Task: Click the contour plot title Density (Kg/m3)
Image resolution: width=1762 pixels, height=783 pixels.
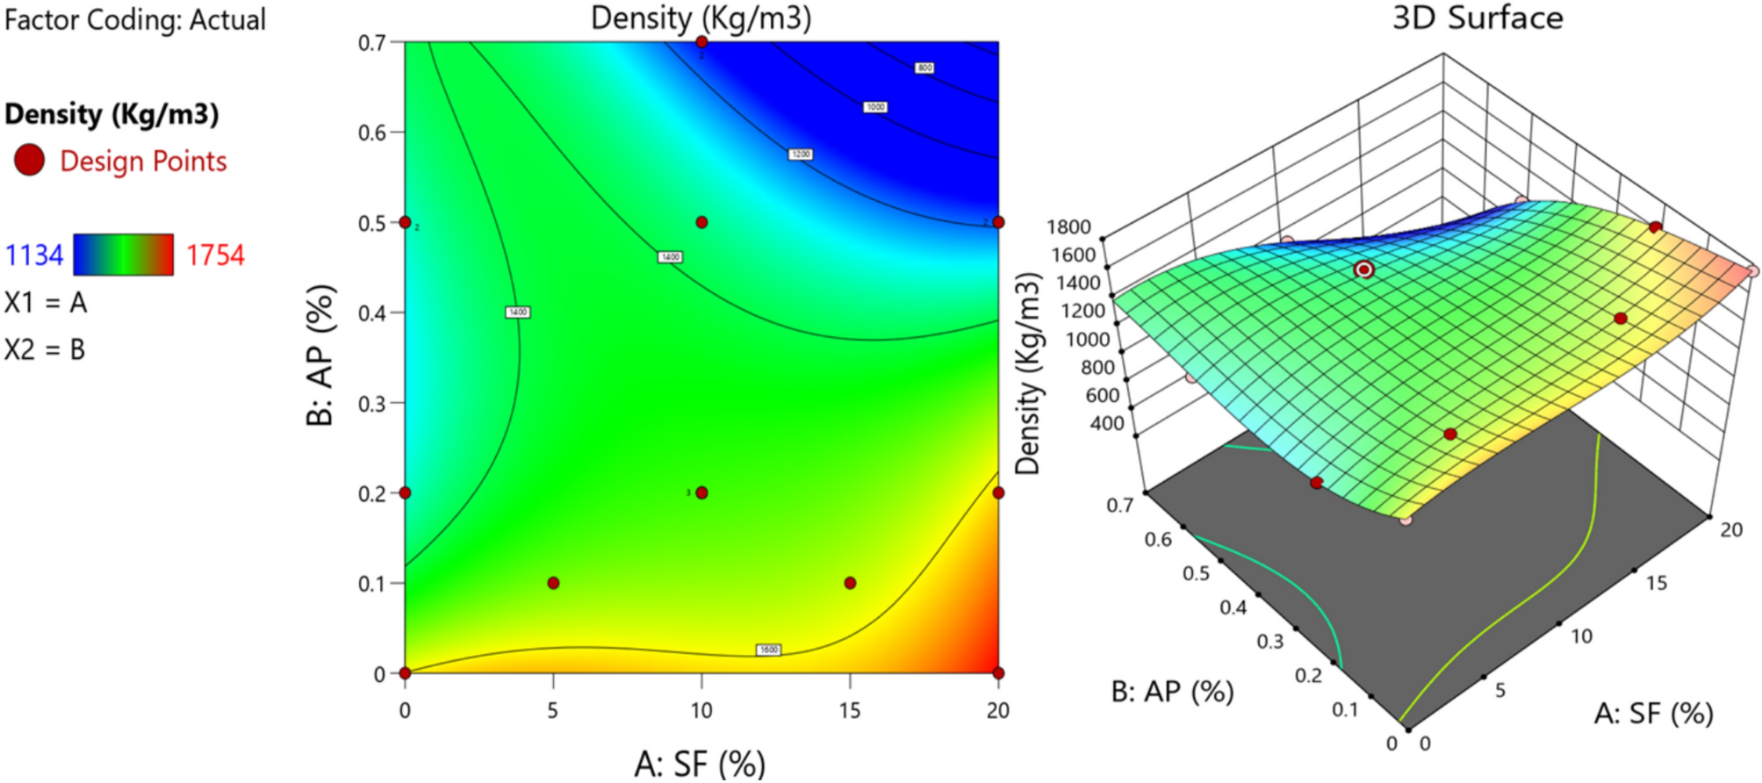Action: click(x=701, y=18)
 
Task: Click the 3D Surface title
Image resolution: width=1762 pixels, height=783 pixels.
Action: click(x=1478, y=18)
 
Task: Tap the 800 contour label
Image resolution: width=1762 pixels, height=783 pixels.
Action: click(x=924, y=68)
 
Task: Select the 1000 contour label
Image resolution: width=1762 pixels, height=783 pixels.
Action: click(x=875, y=107)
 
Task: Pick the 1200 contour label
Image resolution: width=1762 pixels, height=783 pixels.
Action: click(x=801, y=154)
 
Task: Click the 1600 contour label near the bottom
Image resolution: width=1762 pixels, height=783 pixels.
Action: click(x=768, y=650)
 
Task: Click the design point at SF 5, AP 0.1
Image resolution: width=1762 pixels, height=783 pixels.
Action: click(x=553, y=583)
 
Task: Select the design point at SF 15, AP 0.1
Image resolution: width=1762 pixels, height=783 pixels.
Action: click(x=850, y=583)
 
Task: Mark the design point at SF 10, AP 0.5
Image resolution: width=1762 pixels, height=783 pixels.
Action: click(x=701, y=223)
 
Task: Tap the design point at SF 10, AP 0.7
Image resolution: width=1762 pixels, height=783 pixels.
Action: click(x=701, y=42)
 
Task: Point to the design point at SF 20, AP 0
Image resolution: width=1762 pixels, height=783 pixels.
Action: click(x=998, y=673)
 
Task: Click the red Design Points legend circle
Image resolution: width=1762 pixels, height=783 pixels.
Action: click(x=29, y=161)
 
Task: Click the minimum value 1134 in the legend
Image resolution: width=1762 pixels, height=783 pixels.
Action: click(x=34, y=255)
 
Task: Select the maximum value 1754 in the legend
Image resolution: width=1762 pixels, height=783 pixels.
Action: click(x=215, y=255)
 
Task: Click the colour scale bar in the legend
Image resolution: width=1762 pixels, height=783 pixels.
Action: click(x=123, y=255)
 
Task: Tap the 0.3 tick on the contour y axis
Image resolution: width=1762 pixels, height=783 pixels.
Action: click(x=372, y=404)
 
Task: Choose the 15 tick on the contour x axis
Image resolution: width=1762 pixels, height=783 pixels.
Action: click(x=850, y=710)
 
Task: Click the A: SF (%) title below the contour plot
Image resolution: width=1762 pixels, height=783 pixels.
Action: click(x=700, y=764)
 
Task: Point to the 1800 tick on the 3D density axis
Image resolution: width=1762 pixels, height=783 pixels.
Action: click(x=1068, y=227)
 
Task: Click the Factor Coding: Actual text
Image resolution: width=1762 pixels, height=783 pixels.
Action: click(x=135, y=19)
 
